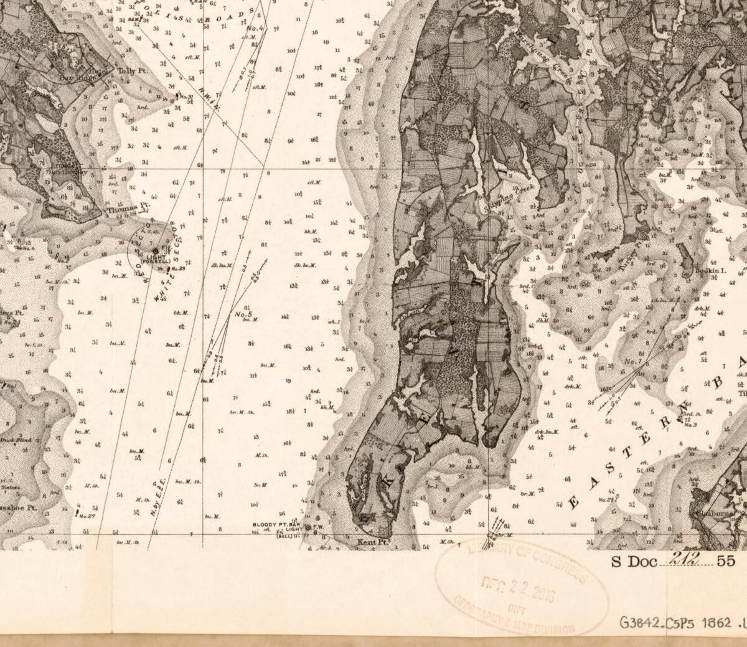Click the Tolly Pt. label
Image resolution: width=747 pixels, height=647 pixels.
131,72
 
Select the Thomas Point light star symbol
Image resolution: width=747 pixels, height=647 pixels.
155,250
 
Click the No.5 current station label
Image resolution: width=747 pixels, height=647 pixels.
243,314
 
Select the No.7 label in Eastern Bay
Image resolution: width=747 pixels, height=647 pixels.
632,362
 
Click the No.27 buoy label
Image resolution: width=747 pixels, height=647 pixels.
87,516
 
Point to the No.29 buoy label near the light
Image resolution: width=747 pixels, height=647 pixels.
177,268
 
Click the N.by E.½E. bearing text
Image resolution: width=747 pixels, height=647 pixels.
157,492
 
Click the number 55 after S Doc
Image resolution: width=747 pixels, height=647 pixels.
726,561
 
